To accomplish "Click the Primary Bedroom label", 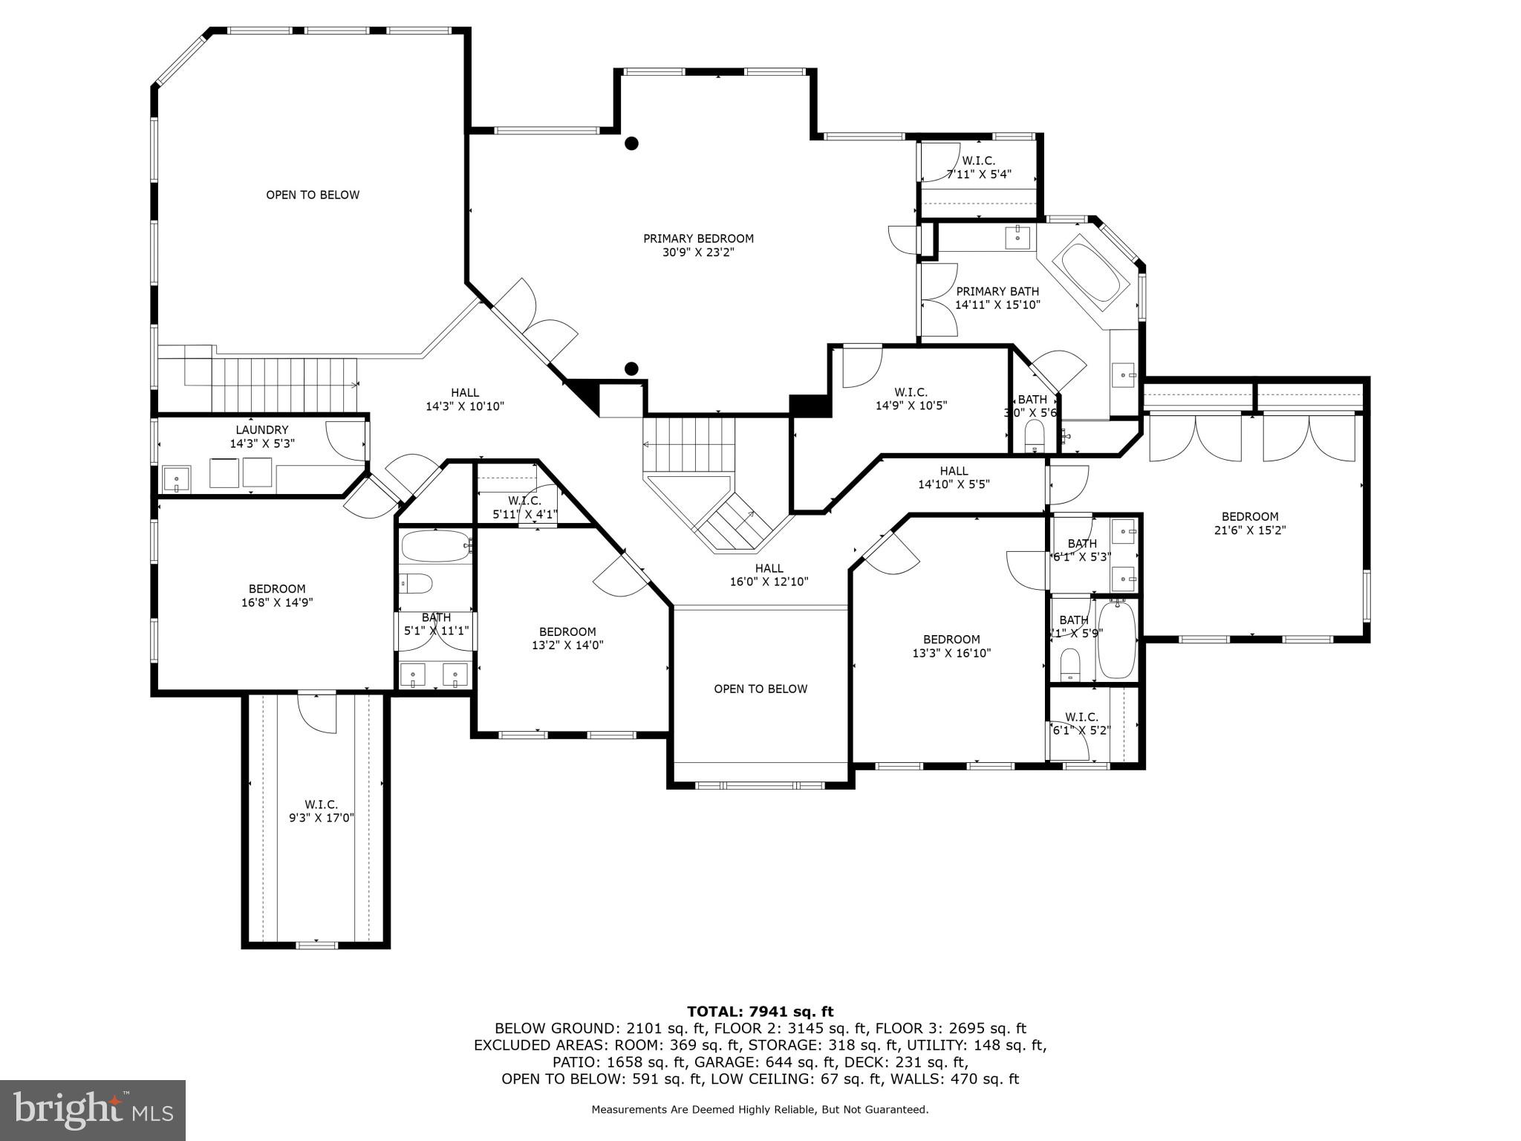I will (698, 245).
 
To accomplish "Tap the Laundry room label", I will (262, 436).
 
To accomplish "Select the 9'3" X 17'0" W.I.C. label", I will (321, 811).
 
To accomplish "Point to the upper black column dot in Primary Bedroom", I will (631, 143).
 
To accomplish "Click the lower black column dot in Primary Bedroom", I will (631, 368).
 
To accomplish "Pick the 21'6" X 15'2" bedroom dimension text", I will (1250, 530).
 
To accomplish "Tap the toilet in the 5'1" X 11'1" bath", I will (416, 584).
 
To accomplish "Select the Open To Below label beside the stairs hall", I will (760, 689).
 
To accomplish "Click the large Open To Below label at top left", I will (313, 195).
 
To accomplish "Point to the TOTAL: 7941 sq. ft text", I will (760, 1011).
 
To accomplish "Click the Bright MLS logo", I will (93, 1110).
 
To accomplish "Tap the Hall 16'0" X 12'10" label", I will (769, 575).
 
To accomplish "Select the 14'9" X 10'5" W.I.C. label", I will (911, 398).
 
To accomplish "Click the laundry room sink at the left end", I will (177, 480).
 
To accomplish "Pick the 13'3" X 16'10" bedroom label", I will (951, 646).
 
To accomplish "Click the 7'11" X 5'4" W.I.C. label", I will (978, 167).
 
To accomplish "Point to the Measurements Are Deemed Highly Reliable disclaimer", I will (760, 1109).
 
